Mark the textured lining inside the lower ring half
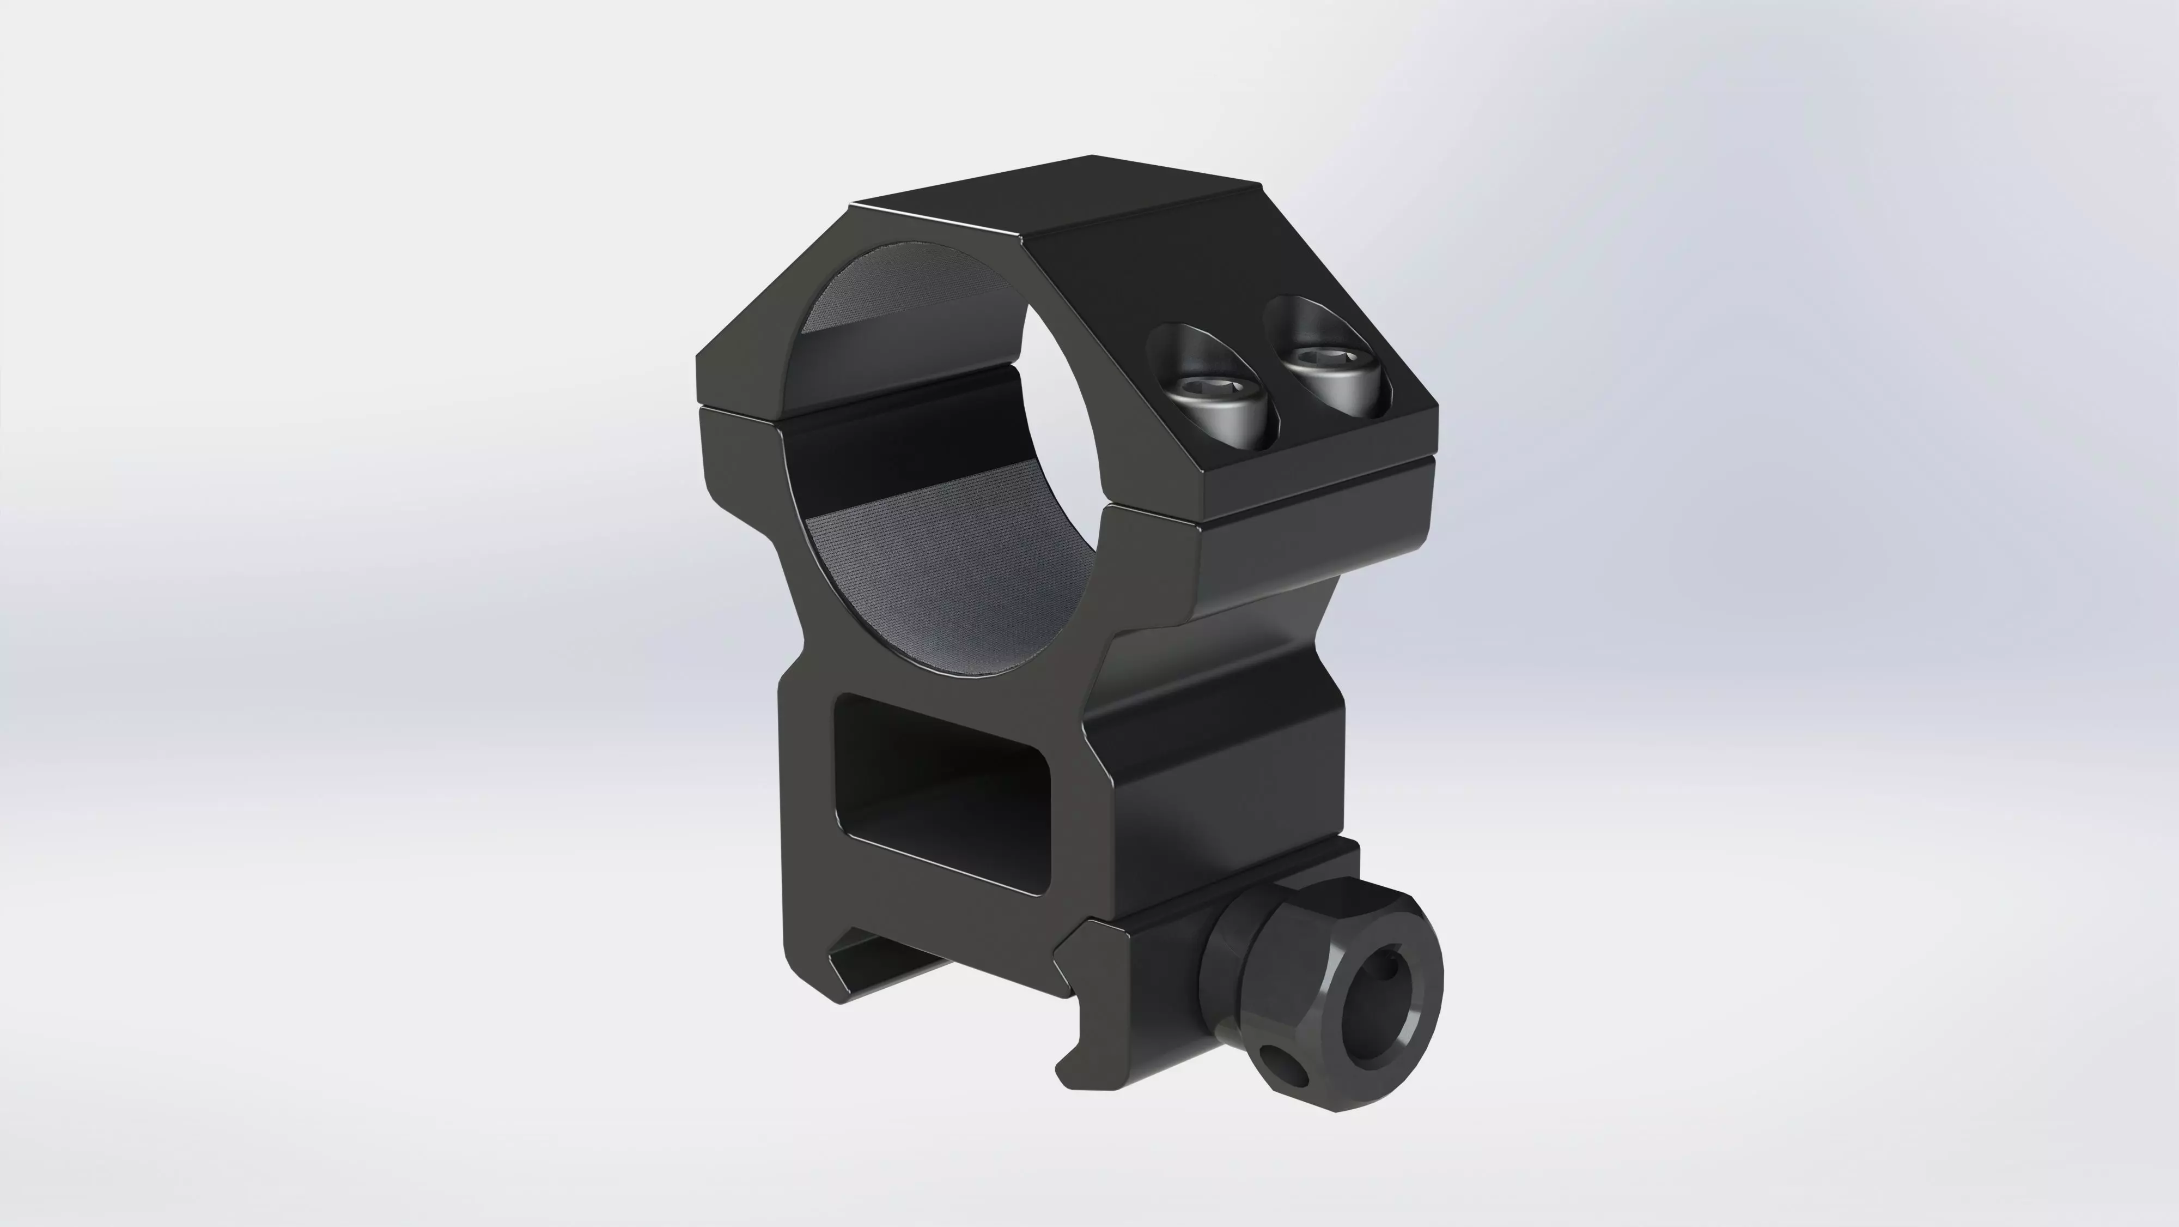point(939,576)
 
